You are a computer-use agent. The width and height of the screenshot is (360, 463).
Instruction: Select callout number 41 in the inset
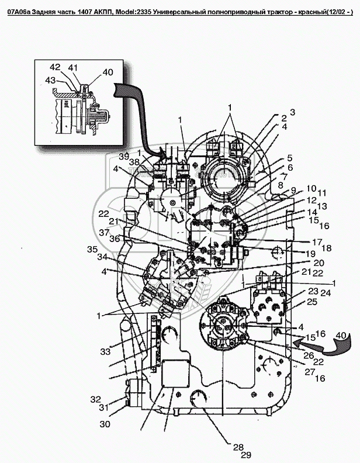pos(73,68)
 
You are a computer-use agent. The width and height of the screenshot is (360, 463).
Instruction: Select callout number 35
pos(92,250)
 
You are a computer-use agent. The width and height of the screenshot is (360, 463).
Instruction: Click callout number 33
pos(105,352)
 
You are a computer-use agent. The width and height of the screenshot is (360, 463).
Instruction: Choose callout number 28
pos(237,447)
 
